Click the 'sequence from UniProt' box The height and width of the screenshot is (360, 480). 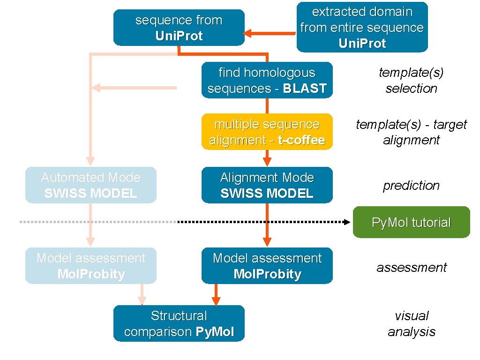click(x=179, y=28)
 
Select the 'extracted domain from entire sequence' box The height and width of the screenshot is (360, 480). click(x=362, y=27)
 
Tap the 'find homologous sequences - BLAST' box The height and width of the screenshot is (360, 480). click(x=267, y=80)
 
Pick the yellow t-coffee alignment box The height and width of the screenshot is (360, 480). click(x=267, y=132)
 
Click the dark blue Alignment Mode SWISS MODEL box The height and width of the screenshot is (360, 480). click(x=267, y=185)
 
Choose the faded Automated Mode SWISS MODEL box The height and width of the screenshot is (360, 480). click(x=90, y=185)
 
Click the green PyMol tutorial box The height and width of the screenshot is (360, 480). click(x=411, y=222)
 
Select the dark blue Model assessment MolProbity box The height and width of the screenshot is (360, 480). click(x=267, y=266)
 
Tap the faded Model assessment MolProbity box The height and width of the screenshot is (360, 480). click(x=90, y=266)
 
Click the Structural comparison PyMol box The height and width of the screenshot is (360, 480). click(x=179, y=323)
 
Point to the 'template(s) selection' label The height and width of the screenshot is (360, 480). click(x=411, y=80)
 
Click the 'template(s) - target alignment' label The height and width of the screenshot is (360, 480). click(x=411, y=132)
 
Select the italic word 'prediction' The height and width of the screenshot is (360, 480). click(x=411, y=185)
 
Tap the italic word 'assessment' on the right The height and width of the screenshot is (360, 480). click(x=411, y=267)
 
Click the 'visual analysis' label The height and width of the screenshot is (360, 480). click(x=411, y=323)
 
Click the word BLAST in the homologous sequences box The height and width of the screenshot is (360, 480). click(x=304, y=88)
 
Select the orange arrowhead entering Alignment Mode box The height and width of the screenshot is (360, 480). click(x=267, y=162)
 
